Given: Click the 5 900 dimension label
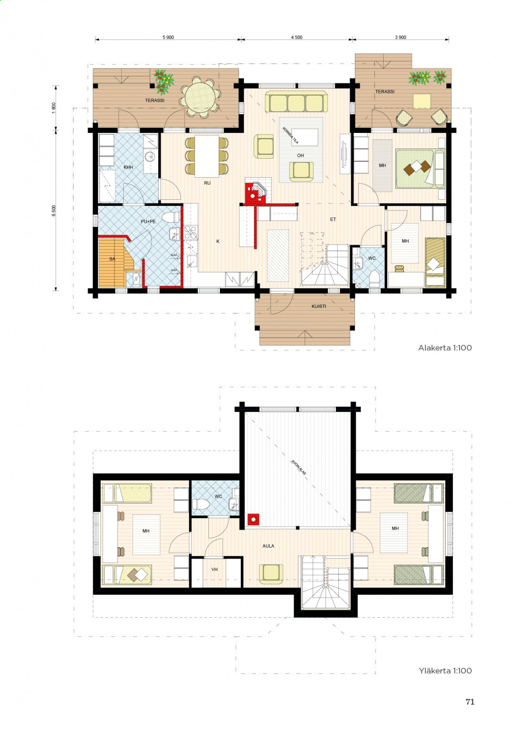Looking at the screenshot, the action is pos(168,37).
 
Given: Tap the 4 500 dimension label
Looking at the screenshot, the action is pos(297,37).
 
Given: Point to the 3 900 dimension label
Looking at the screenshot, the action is pos(401,37).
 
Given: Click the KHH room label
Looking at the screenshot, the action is pos(128,167).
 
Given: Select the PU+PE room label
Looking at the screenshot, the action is pos(148,222).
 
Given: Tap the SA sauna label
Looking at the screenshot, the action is pos(112,259).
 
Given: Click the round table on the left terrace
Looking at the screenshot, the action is pos(201,97).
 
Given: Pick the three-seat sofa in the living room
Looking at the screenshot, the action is pos(296,102).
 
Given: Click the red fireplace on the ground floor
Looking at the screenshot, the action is pos(255,193).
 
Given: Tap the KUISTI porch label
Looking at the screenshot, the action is pos(319,306).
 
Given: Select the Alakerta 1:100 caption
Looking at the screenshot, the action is pos(445,348).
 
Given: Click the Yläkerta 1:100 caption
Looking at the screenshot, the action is pos(446,670).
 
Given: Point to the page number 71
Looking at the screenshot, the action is pos(470,702).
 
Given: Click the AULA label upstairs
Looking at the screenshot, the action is pos(268,546).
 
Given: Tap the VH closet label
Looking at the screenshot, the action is pos(215,570).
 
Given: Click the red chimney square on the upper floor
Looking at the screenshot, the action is pos(253,519).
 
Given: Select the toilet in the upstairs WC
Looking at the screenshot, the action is pos(201,504).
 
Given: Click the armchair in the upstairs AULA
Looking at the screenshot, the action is pos(271,573).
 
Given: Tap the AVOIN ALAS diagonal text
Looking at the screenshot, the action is pos(299,467).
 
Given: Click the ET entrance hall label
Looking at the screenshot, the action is pos(333,220).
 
